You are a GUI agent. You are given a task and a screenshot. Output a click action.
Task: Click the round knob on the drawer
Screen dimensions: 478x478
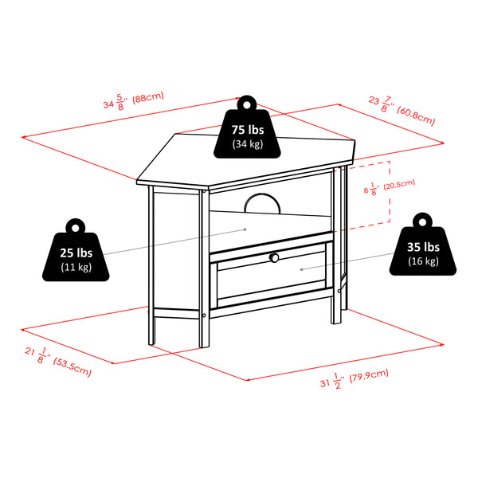(x=273, y=258)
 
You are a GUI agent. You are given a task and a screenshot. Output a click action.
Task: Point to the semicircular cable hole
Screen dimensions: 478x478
(x=263, y=204)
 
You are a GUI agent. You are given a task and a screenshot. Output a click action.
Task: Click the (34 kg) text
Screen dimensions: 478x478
(x=247, y=144)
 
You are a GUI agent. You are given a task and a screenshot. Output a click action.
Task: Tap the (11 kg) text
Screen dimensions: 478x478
(x=76, y=267)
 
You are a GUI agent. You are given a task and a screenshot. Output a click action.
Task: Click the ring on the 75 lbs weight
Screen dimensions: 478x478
(x=247, y=102)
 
